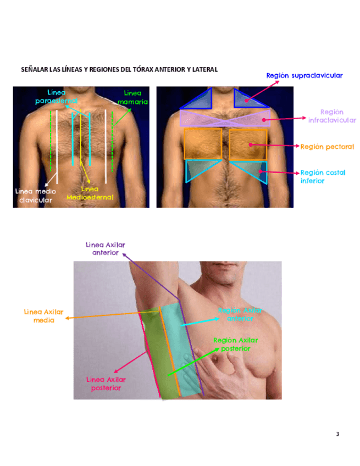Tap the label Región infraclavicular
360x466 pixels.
pyautogui.click(x=331, y=116)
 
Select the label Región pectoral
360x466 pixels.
pyautogui.click(x=327, y=147)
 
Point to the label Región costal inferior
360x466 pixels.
pyautogui.click(x=323, y=176)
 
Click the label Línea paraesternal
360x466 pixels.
pyautogui.click(x=56, y=97)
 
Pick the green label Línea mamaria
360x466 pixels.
pyautogui.click(x=132, y=97)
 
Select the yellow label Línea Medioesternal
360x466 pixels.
pyautogui.click(x=90, y=193)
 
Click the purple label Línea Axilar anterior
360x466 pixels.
pyautogui.click(x=106, y=248)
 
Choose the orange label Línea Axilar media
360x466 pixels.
pyautogui.click(x=43, y=315)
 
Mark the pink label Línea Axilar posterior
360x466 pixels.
pyautogui.click(x=106, y=383)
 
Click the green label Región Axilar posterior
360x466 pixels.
pyautogui.click(x=235, y=344)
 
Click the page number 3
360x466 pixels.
pyautogui.click(x=337, y=434)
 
